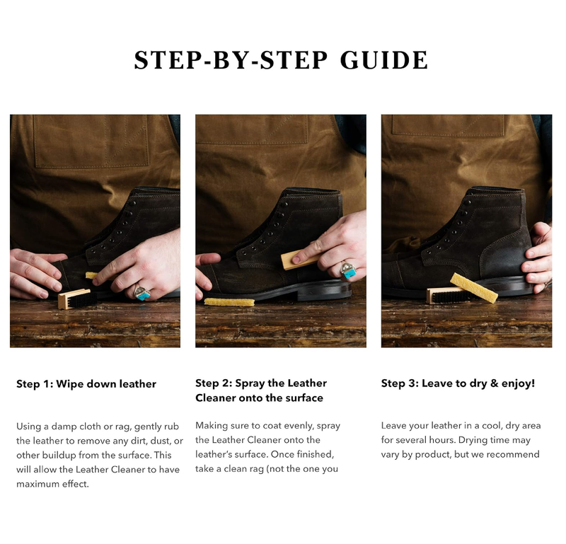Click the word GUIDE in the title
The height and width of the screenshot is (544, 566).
(384, 61)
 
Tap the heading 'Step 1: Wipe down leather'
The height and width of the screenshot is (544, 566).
(86, 384)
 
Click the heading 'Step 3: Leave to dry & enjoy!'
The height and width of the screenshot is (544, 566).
(458, 383)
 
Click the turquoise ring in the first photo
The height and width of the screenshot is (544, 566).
(141, 292)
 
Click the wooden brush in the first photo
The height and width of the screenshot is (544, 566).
(74, 299)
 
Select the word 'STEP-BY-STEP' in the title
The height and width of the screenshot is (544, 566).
(231, 61)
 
